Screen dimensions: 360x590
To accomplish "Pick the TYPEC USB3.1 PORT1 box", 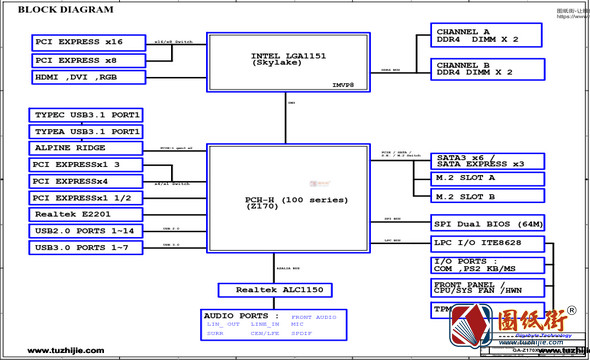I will [88, 115].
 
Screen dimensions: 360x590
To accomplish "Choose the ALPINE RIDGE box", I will [88, 148].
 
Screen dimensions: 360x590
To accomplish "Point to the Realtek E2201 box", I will [88, 214].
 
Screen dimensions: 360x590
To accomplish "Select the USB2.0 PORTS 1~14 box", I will [88, 231].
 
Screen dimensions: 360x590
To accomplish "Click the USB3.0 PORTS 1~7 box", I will [88, 247].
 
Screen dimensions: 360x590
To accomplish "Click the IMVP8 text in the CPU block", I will [344, 85].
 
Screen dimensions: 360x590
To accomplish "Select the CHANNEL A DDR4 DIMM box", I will [486, 36].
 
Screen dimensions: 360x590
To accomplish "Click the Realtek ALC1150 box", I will [275, 290].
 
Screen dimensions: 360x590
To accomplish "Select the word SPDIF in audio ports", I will [302, 333].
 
